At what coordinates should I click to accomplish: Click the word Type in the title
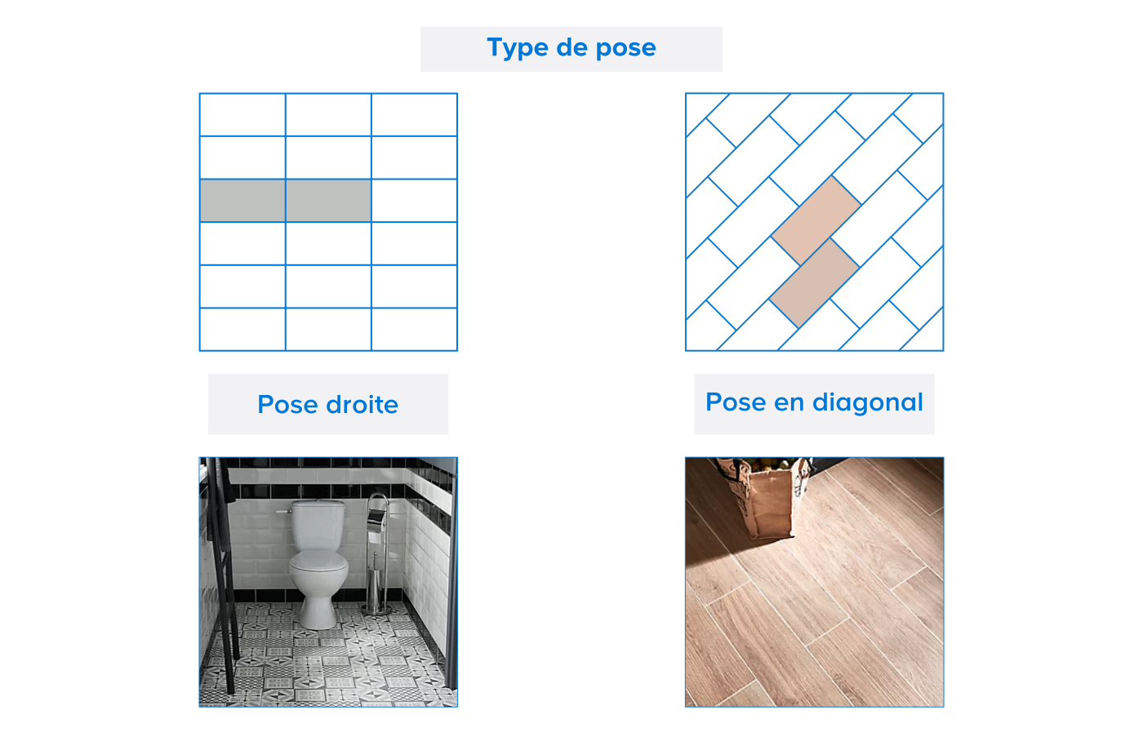[x=518, y=48]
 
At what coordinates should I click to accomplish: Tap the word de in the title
[x=572, y=47]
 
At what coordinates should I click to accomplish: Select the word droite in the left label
[x=362, y=405]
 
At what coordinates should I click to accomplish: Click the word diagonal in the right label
[x=868, y=403]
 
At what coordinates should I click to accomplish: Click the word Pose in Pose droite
[x=287, y=405]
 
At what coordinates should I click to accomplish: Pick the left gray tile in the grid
[x=242, y=201]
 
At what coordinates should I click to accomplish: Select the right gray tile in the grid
[x=328, y=201]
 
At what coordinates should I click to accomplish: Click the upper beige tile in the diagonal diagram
[x=816, y=220]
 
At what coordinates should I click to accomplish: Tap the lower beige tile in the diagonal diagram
[x=815, y=283]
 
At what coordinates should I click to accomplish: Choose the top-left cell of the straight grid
[x=242, y=115]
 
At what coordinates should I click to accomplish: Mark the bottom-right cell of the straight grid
[x=415, y=329]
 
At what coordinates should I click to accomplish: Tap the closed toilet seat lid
[x=319, y=561]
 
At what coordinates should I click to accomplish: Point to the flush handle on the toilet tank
[x=284, y=511]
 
